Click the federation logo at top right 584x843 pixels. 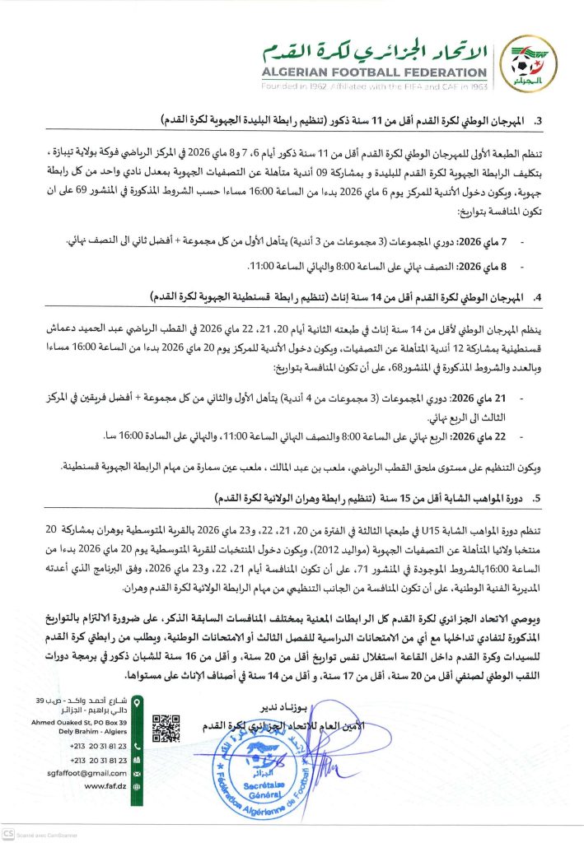click(x=527, y=63)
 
